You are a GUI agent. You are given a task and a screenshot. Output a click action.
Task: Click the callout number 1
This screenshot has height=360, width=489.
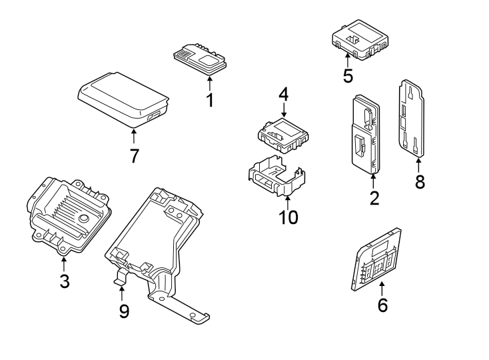(x=210, y=101)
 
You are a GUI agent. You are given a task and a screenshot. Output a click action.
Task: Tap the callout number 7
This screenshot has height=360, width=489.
(x=134, y=156)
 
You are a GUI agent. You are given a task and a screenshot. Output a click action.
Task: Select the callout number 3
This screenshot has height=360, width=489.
(x=64, y=281)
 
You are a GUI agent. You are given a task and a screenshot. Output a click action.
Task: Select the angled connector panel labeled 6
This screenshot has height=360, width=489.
(x=377, y=260)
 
